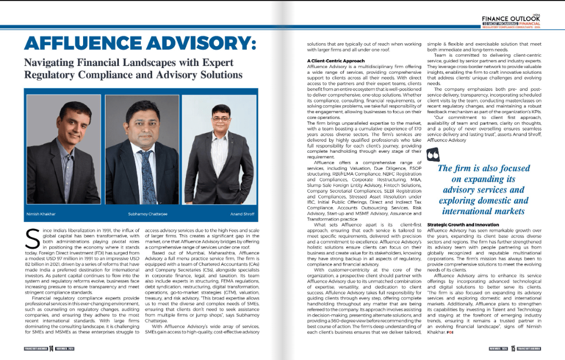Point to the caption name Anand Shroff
(x=242, y=214)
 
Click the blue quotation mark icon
(x=432, y=154)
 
